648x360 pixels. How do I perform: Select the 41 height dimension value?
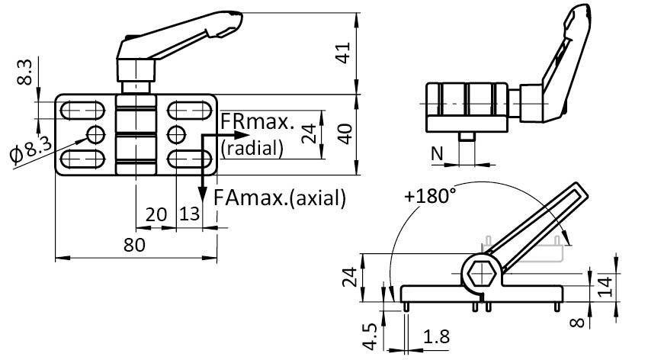[x=344, y=53]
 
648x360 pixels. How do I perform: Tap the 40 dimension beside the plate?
[x=344, y=134]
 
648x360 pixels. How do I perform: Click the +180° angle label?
[x=430, y=195]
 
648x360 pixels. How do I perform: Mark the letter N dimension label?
[x=436, y=153]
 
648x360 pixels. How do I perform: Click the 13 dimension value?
[x=190, y=215]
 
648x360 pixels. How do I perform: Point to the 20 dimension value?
[x=156, y=215]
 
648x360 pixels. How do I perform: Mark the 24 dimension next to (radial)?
[x=308, y=134]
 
